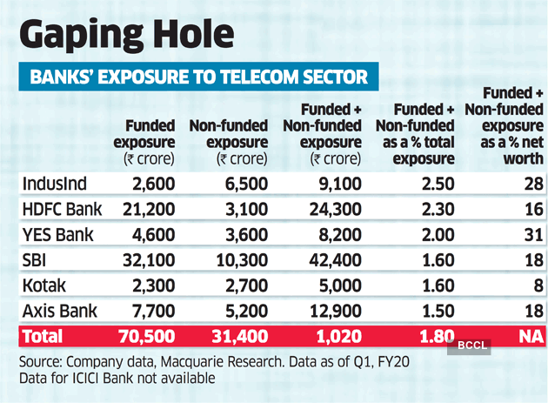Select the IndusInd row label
(x=55, y=184)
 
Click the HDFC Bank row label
(x=63, y=209)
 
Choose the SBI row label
(x=36, y=259)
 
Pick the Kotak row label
(x=44, y=285)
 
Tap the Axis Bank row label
(x=58, y=310)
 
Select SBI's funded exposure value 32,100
(x=148, y=259)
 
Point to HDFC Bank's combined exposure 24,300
(x=333, y=209)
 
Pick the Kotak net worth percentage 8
(x=538, y=285)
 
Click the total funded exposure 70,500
(x=148, y=336)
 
